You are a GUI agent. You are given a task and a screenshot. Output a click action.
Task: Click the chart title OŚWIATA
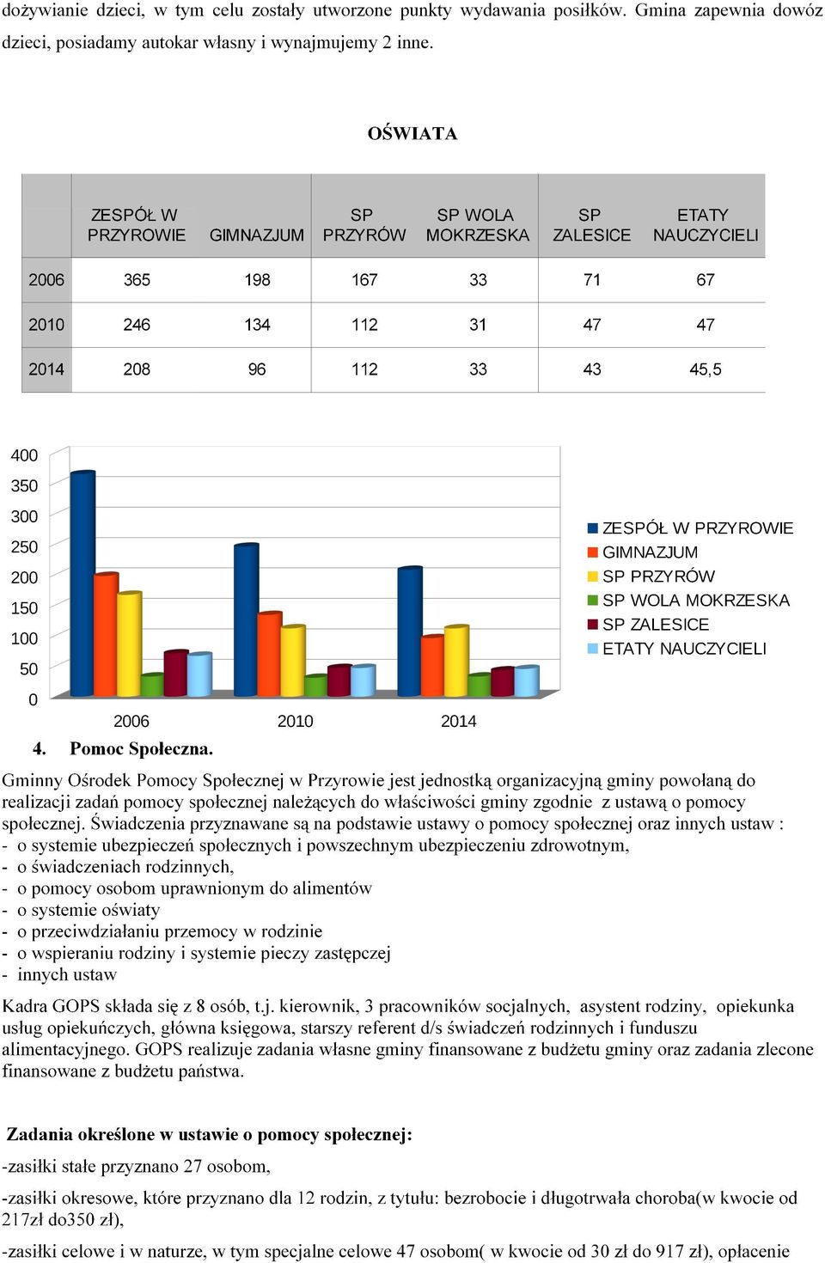click(x=412, y=133)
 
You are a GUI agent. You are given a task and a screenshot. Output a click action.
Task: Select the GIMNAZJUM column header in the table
click(x=257, y=235)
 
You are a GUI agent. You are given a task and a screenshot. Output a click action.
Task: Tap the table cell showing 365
click(x=137, y=280)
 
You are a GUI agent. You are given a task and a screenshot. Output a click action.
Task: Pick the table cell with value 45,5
click(x=706, y=369)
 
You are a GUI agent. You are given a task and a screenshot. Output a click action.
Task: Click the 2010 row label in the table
click(x=46, y=325)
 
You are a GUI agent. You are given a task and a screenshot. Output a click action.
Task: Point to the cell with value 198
click(x=257, y=280)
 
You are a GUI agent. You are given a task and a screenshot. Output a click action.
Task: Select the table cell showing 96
click(x=257, y=369)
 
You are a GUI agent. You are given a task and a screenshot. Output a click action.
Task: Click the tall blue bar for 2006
click(x=82, y=583)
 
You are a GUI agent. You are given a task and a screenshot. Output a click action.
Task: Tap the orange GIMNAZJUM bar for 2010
click(x=270, y=654)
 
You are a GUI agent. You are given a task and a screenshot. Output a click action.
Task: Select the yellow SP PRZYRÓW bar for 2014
click(x=457, y=661)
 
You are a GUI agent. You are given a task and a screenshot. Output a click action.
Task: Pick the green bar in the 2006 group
click(x=152, y=685)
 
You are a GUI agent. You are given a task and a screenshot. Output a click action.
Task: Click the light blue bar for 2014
click(x=527, y=681)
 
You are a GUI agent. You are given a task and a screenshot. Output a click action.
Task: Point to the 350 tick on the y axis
click(x=24, y=485)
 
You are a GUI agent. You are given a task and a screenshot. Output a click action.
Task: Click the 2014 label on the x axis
click(x=458, y=721)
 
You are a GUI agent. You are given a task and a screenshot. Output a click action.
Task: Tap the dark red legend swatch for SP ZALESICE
click(x=592, y=625)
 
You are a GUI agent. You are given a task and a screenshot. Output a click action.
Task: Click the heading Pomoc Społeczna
click(x=141, y=749)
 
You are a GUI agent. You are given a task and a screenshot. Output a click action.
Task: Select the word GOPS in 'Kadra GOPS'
click(x=76, y=1006)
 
